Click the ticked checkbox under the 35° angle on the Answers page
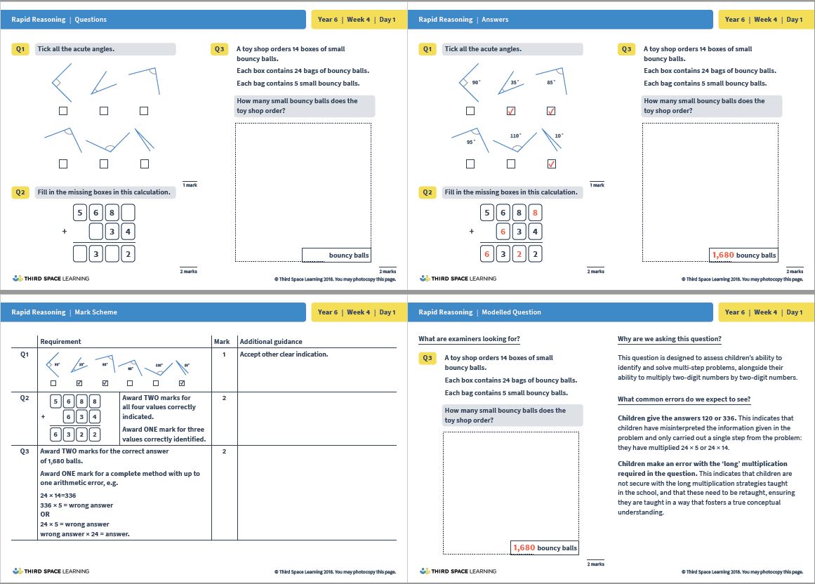pos(511,111)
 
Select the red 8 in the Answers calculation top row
pos(535,213)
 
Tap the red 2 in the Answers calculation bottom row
pos(519,254)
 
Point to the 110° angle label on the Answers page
pos(515,135)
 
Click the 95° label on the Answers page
pos(471,142)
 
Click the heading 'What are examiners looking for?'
pos(469,339)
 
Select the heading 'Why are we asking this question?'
pos(669,339)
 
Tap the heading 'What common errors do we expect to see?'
pos(684,399)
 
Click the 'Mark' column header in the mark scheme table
pos(221,342)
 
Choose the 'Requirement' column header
pos(60,342)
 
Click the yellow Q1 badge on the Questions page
pos(21,49)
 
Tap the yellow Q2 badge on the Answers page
pos(428,192)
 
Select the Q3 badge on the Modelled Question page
pos(428,358)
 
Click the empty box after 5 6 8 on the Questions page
pos(128,213)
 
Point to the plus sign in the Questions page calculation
pos(64,231)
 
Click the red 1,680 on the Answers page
pos(722,255)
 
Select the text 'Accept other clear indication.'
pos(284,354)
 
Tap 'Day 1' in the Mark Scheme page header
pos(387,312)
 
